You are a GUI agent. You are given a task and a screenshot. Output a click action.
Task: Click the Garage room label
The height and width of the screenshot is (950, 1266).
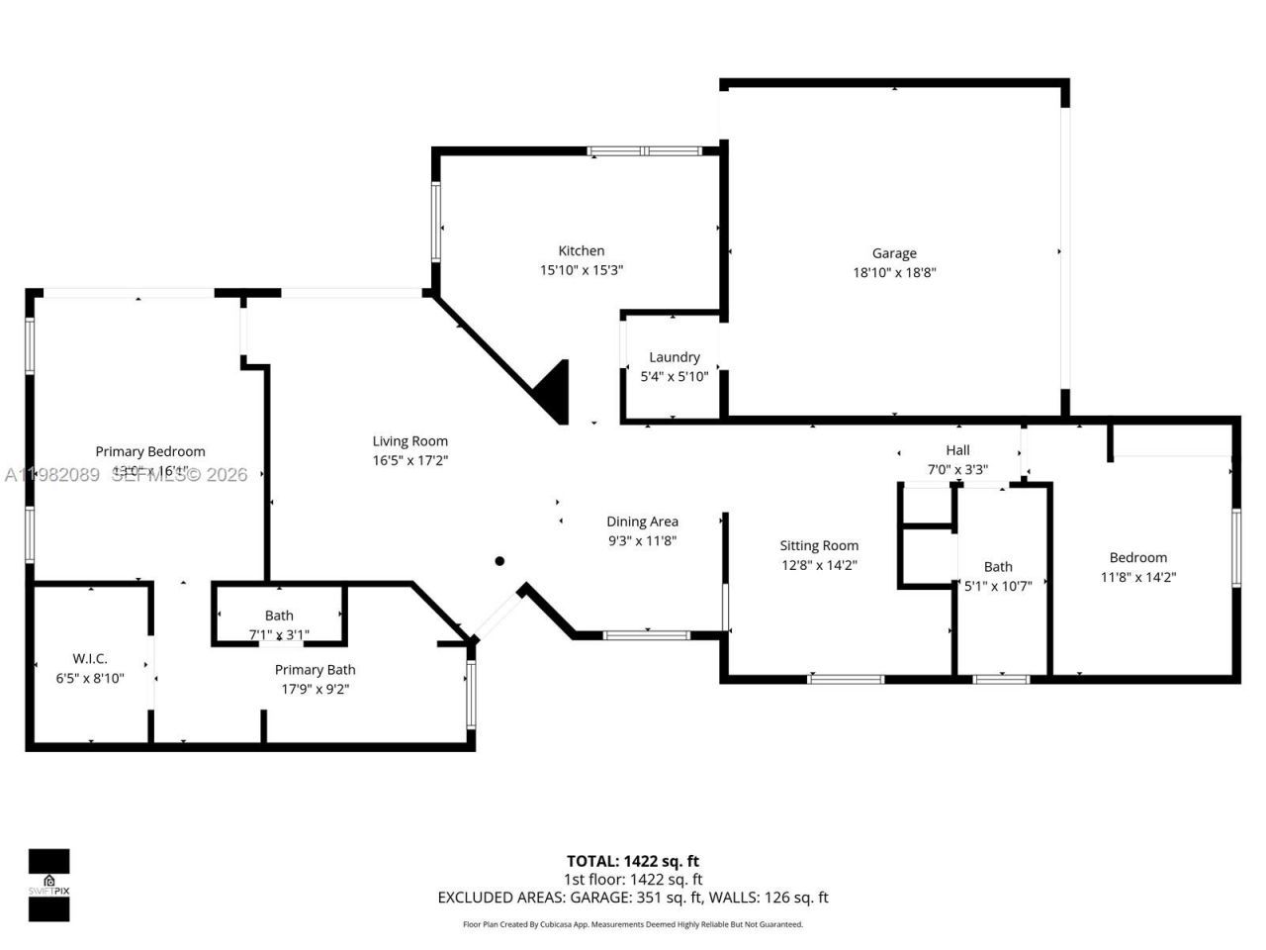894,253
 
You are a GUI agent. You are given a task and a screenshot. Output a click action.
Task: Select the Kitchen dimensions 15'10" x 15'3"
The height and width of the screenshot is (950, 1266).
582,270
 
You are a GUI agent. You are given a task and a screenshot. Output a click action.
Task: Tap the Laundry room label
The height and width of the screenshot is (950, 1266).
675,357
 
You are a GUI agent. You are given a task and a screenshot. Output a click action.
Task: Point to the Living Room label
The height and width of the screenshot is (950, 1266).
409,441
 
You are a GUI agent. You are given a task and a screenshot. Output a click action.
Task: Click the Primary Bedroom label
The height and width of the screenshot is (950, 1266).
150,451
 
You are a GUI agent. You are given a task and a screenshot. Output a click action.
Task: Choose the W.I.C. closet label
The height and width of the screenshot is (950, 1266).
90,659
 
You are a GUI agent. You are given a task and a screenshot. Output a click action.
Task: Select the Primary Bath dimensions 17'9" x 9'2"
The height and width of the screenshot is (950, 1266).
315,689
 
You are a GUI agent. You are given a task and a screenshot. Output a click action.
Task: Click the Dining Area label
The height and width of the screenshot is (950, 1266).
642,522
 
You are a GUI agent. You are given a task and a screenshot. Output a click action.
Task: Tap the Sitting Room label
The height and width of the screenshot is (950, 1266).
819,545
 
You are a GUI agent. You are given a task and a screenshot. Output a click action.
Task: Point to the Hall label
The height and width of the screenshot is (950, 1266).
957,450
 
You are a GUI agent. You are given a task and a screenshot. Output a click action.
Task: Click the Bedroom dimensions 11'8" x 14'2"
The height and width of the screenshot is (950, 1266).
1137,577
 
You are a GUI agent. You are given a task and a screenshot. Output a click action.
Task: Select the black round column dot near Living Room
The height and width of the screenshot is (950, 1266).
499,561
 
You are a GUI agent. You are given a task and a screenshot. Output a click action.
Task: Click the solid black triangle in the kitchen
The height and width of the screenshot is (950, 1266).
555,392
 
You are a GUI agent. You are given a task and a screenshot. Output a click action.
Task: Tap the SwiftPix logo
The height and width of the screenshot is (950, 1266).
48,885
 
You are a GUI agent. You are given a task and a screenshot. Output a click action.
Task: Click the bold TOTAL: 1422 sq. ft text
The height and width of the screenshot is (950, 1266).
633,861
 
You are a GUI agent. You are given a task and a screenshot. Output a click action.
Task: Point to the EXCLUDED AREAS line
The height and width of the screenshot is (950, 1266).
633,898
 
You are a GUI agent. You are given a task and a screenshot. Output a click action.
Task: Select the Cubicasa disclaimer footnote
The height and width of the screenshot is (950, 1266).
633,924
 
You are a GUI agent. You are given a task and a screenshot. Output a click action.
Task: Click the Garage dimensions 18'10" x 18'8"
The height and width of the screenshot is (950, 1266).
894,272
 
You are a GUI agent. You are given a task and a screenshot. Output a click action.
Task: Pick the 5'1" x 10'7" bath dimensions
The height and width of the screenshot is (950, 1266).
998,586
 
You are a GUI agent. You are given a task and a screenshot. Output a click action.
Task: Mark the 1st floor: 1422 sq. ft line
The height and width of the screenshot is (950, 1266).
633,879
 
